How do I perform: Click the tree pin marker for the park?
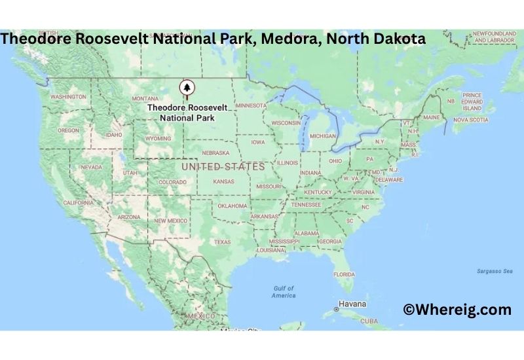click(x=187, y=87)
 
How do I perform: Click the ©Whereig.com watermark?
click(x=457, y=310)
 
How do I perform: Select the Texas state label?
click(x=222, y=242)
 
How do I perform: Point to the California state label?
click(x=79, y=203)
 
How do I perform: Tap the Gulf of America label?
click(x=284, y=292)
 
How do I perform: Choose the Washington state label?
click(x=69, y=97)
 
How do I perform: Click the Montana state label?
click(x=145, y=99)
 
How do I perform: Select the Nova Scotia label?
click(x=471, y=120)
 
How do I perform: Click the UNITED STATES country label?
click(x=223, y=167)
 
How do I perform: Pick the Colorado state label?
click(x=172, y=182)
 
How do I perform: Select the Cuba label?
click(x=369, y=321)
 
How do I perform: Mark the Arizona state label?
click(x=128, y=217)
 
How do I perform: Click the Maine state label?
click(x=431, y=117)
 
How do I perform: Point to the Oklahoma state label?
click(x=233, y=206)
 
